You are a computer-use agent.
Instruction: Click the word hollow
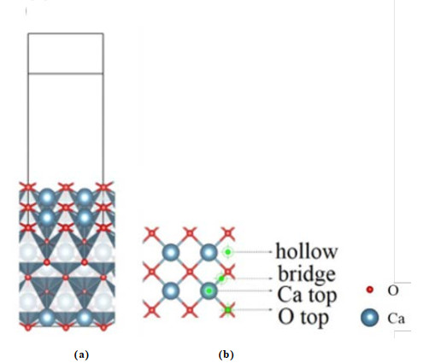[307, 251]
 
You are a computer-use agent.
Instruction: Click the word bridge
[307, 274]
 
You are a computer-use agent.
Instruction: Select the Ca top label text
[307, 295]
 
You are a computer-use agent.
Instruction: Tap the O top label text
[303, 317]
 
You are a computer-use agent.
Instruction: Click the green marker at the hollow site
[227, 252]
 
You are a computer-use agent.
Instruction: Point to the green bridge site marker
[221, 278]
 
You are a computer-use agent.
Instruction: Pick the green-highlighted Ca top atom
[209, 290]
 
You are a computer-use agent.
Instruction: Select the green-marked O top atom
[227, 309]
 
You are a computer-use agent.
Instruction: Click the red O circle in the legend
[370, 290]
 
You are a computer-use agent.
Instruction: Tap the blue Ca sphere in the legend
[370, 318]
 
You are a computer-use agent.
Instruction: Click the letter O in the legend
[392, 290]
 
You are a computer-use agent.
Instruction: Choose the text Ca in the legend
[396, 319]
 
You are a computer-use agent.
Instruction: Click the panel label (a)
[81, 354]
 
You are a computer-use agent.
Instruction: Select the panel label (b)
[226, 354]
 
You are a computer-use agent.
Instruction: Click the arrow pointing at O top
[252, 309]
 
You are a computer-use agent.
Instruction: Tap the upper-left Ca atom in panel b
[171, 252]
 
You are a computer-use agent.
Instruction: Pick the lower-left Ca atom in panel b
[171, 290]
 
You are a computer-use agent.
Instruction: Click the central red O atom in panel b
[190, 272]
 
